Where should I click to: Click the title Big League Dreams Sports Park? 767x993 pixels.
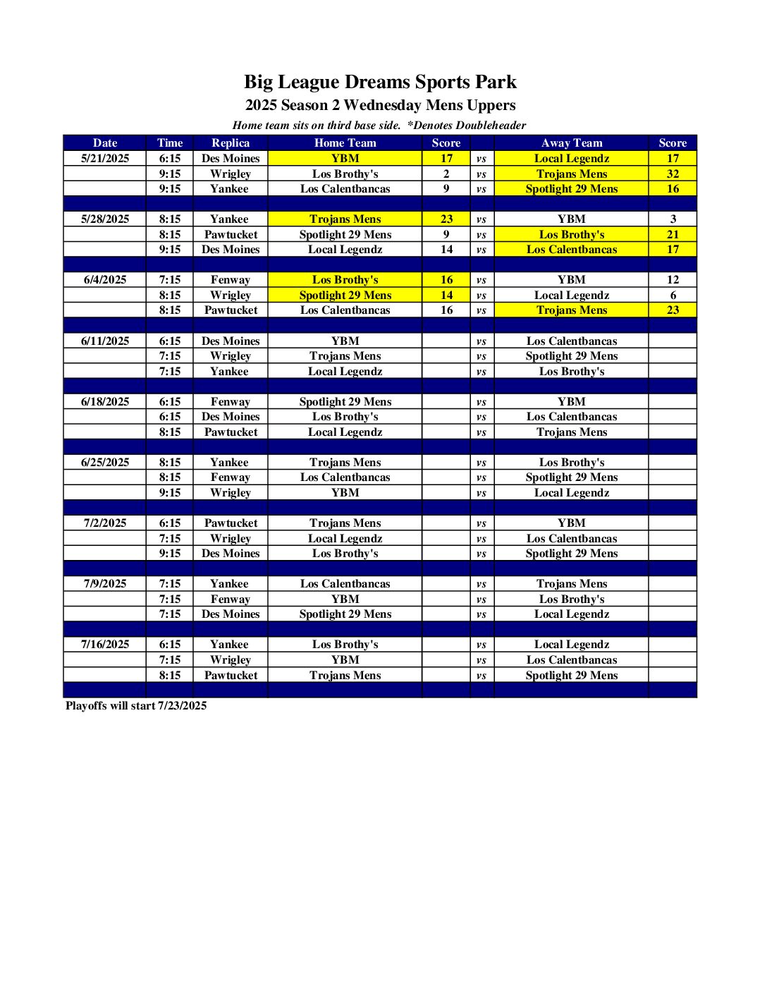click(380, 82)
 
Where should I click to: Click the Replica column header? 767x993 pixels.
click(231, 142)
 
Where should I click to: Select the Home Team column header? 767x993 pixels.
click(345, 142)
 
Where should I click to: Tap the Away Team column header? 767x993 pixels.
click(571, 142)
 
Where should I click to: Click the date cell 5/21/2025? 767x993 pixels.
click(105, 159)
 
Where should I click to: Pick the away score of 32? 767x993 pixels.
click(673, 173)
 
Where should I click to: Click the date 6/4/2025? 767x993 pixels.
click(105, 280)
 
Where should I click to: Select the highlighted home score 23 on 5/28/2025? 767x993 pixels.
click(446, 219)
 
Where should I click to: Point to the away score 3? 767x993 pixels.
click(673, 219)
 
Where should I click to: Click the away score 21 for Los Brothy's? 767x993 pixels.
click(673, 234)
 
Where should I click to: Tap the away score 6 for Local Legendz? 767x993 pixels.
click(673, 296)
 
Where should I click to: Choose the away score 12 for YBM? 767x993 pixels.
click(673, 280)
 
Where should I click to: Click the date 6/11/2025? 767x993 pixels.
click(105, 341)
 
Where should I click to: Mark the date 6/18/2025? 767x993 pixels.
click(105, 401)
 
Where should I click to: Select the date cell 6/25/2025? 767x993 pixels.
click(105, 463)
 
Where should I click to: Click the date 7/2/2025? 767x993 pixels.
click(105, 523)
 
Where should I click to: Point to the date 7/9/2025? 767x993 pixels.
click(105, 584)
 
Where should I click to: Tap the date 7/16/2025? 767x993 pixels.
click(105, 645)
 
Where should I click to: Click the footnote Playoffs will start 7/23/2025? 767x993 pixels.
click(136, 705)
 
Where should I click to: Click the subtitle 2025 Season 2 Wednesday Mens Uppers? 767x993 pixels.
click(380, 105)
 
